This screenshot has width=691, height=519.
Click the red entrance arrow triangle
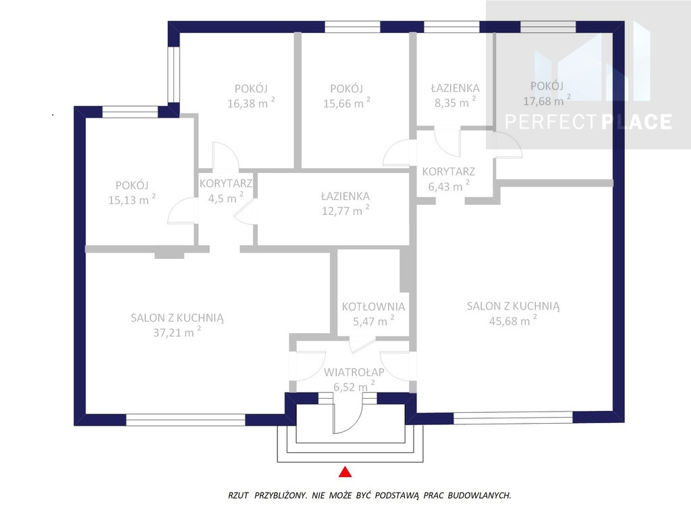pos(345,472)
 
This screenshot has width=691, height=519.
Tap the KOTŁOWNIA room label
pos(373,306)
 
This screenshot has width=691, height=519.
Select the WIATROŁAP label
pos(354,372)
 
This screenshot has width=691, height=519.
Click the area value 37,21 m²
pos(177,331)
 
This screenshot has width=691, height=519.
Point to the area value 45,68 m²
pos(513,320)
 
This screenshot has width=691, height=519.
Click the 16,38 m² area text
pos(251,103)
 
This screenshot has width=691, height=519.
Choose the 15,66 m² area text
pos(346,103)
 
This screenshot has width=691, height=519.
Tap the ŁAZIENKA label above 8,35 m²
pos(455,87)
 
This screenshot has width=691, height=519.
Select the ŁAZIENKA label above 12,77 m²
pos(345,195)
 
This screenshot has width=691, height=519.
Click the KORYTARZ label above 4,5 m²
pos(225,183)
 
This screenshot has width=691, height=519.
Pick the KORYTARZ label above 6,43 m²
pos(448,171)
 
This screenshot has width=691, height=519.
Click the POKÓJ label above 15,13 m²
pos(132,185)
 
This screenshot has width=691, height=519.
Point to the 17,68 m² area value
pos(547,100)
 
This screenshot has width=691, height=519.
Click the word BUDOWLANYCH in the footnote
pos(479,495)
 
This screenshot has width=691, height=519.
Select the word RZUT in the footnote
pos(238,495)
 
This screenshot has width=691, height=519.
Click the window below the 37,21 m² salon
pos(186,419)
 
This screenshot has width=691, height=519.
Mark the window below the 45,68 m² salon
pos(513,418)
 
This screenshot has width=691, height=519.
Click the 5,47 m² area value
pos(373,321)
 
